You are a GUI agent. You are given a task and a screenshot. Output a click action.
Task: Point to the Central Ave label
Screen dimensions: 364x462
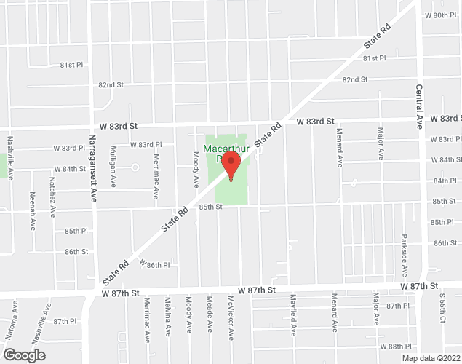pyautogui.click(x=420, y=105)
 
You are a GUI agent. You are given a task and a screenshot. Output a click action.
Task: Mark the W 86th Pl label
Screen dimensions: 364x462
pyautogui.click(x=154, y=265)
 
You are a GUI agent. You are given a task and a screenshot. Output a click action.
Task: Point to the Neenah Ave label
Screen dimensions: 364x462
pyautogui.click(x=33, y=211)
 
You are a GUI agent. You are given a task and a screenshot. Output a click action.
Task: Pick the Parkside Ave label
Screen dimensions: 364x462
pyautogui.click(x=404, y=256)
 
